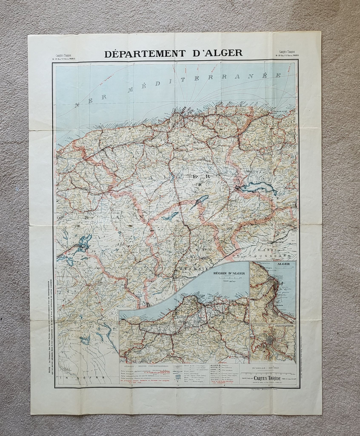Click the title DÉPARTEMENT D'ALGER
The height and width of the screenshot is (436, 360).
173,53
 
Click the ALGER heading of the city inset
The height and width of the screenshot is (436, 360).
283,263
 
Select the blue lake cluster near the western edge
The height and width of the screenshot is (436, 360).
82,245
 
